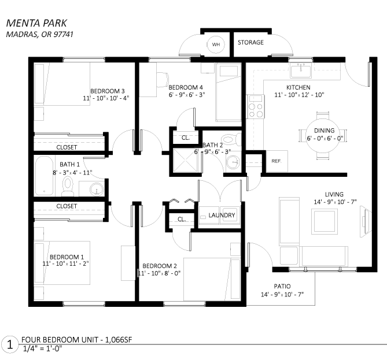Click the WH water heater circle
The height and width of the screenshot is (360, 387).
click(x=216, y=44)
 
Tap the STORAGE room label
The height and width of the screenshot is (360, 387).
click(x=250, y=42)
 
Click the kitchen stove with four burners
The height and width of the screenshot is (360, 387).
click(x=256, y=106)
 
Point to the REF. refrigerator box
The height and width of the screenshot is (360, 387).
click(x=277, y=161)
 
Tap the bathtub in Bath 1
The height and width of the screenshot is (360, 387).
click(x=45, y=176)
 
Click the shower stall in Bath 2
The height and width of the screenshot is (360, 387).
click(x=185, y=160)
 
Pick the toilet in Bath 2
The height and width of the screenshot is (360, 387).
click(x=230, y=139)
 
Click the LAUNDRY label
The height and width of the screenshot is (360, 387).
click(x=222, y=216)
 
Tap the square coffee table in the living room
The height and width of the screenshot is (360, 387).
click(x=324, y=221)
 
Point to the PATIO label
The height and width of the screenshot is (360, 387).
click(x=282, y=286)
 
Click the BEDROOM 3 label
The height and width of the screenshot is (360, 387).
click(x=108, y=91)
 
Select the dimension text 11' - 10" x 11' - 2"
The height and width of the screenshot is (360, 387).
click(x=65, y=263)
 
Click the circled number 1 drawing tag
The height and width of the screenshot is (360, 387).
click(x=10, y=344)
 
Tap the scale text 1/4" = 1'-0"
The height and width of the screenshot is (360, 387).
click(x=42, y=349)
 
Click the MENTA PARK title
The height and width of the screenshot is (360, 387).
click(x=36, y=23)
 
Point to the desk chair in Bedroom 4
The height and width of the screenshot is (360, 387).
click(x=163, y=80)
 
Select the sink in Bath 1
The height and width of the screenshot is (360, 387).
click(x=97, y=189)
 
